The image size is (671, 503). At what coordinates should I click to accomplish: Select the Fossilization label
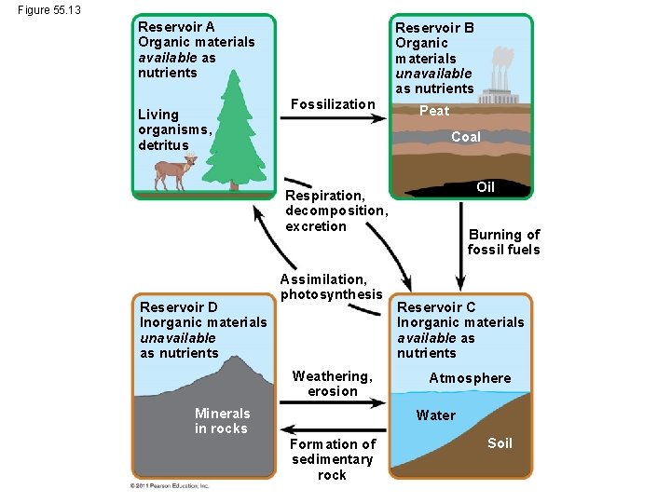pyautogui.click(x=333, y=103)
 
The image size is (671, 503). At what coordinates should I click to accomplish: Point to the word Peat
pyautogui.click(x=434, y=111)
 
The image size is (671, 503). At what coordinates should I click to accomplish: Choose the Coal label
pyautogui.click(x=466, y=137)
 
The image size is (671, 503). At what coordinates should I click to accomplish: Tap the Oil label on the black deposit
pyautogui.click(x=486, y=187)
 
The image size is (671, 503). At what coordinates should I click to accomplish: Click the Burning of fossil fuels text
pyautogui.click(x=504, y=242)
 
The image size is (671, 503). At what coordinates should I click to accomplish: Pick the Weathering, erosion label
pyautogui.click(x=332, y=384)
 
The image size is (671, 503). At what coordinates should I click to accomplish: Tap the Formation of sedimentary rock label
pyautogui.click(x=332, y=459)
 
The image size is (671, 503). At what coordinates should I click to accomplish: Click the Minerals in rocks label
pyautogui.click(x=222, y=421)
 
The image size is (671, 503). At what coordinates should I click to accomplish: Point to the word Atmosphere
pyautogui.click(x=470, y=378)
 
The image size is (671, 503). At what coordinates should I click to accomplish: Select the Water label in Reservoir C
pyautogui.click(x=436, y=415)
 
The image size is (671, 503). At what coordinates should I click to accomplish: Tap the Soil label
pyautogui.click(x=500, y=443)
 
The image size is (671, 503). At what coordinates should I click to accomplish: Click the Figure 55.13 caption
pyautogui.click(x=48, y=10)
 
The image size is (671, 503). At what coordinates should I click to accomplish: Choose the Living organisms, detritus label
pyautogui.click(x=175, y=130)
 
